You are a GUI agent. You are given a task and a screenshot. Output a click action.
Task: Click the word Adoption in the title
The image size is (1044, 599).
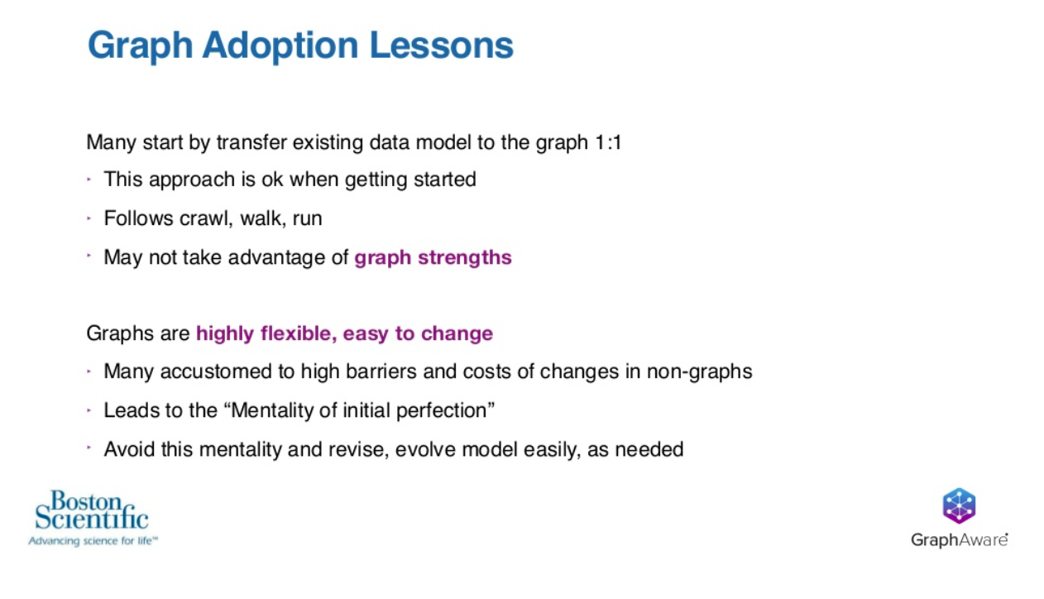pos(280,46)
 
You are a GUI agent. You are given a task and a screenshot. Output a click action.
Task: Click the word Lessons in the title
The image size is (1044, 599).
pos(442,46)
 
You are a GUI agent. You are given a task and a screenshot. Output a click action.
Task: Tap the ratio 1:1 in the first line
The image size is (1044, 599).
pos(609,142)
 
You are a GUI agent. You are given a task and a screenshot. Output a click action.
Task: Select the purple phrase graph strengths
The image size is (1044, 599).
pos(433,258)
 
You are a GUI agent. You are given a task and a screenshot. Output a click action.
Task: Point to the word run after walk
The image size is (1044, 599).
pos(307,219)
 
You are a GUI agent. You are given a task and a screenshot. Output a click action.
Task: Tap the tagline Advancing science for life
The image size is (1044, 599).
pos(93,541)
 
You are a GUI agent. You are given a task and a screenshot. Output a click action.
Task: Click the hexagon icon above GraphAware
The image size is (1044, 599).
pos(959,506)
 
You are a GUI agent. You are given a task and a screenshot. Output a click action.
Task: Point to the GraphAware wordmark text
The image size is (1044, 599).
pos(959,539)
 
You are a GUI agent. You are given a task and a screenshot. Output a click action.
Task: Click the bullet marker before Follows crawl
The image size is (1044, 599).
pos(89,218)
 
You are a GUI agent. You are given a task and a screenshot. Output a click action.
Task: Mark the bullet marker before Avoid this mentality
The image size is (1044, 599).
pos(89,448)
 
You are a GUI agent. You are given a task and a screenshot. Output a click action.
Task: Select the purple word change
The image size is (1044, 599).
pos(457,334)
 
